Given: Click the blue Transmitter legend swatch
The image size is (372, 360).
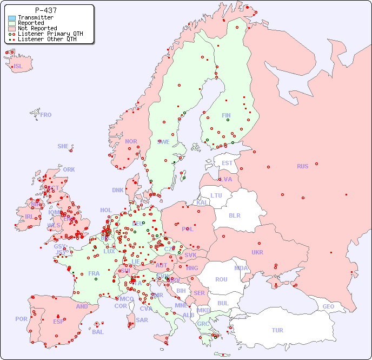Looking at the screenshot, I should pyautogui.click(x=12, y=18).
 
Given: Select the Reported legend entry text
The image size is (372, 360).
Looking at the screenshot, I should pyautogui.click(x=31, y=23).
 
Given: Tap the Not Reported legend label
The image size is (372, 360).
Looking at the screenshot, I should pyautogui.click(x=37, y=29).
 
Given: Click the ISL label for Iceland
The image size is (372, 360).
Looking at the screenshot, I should pyautogui.click(x=18, y=67).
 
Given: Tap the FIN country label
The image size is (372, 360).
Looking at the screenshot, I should pyautogui.click(x=226, y=115).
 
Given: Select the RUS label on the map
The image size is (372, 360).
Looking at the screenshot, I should pyautogui.click(x=302, y=166).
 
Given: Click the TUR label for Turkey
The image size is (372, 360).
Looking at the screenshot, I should pyautogui.click(x=277, y=330).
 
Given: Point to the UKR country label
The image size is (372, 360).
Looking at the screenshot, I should pyautogui.click(x=257, y=252).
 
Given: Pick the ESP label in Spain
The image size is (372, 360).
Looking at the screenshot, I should pyautogui.click(x=58, y=322).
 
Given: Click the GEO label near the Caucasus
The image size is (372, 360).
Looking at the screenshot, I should pyautogui.click(x=328, y=306).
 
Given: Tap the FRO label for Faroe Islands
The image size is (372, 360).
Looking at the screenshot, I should pyautogui.click(x=46, y=115).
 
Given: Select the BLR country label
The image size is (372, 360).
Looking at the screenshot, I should pyautogui.click(x=234, y=215).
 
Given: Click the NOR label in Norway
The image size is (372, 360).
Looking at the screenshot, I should pyautogui.click(x=131, y=141).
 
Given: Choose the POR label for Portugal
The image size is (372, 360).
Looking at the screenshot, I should pyautogui.click(x=21, y=319).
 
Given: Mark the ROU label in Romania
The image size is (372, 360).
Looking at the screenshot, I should pyautogui.click(x=221, y=279).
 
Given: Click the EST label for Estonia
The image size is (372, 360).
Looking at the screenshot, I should pyautogui.click(x=227, y=163).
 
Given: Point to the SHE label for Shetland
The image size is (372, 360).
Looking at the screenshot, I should pyautogui.click(x=63, y=146).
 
